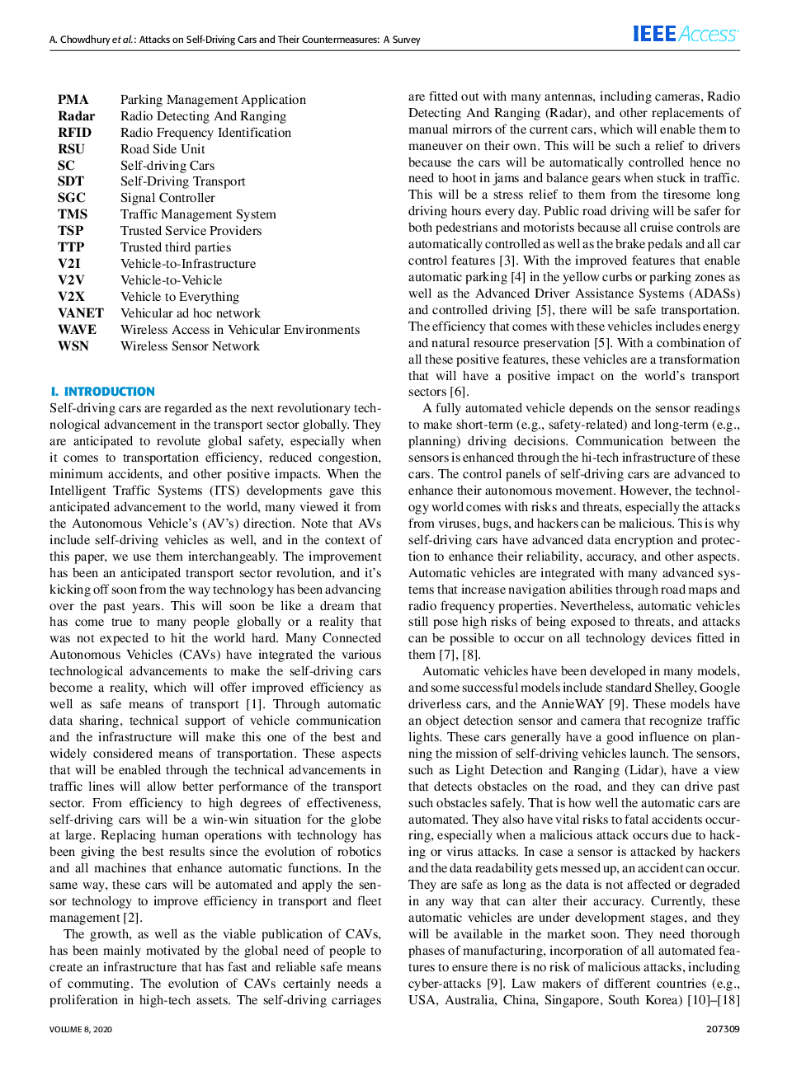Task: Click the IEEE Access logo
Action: coord(686,34)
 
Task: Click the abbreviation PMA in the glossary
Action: coord(73,100)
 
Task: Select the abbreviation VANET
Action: coord(81,313)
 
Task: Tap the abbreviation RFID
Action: coord(74,133)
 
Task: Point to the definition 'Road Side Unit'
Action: coord(163,149)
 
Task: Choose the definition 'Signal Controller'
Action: coord(167,198)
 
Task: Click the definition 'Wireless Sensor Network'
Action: coord(190,346)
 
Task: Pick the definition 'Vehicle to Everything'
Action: coord(180,297)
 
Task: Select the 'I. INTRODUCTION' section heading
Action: coord(102,392)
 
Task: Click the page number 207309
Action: coord(723,1029)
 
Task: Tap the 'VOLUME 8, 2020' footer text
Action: coord(81,1029)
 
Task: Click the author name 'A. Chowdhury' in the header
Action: coord(79,40)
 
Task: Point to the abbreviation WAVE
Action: coord(77,330)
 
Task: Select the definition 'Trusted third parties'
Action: coord(176,247)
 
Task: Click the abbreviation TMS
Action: coord(73,214)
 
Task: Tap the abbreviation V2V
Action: coord(71,280)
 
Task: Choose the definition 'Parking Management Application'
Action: coord(213,100)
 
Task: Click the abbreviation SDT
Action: coord(71,181)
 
